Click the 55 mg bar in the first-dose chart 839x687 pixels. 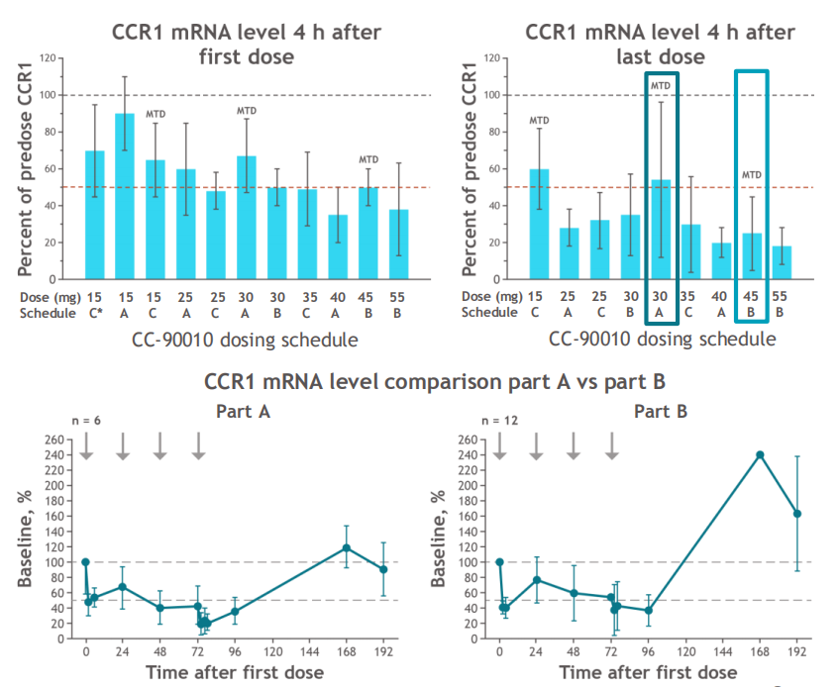tap(399, 244)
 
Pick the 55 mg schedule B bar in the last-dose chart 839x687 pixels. tap(783, 262)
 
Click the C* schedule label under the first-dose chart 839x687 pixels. tap(94, 314)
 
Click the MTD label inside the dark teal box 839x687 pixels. tap(662, 86)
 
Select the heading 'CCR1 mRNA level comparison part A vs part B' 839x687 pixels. tap(420, 382)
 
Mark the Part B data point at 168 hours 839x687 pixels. tap(760, 454)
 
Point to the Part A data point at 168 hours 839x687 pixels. tap(347, 547)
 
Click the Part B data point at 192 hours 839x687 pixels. tap(797, 514)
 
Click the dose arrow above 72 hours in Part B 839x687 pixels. tap(612, 447)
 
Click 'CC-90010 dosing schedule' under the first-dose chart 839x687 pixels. tap(245, 340)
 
